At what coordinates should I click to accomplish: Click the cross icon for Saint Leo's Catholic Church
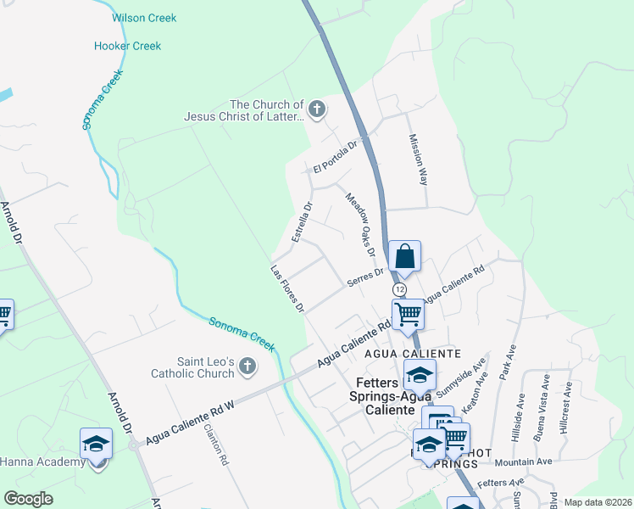point(247,366)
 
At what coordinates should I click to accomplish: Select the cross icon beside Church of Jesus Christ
point(317,109)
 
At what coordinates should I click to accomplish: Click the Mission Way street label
point(418,159)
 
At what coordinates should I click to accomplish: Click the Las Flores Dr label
point(287,289)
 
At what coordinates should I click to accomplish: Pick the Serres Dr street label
point(365,278)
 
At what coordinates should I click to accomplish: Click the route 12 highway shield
point(399,290)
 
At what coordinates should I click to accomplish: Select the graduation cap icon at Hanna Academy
point(97,444)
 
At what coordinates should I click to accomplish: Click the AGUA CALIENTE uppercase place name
point(412,353)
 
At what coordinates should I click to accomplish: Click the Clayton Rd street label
point(217,445)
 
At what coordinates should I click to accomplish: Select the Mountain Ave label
point(523,461)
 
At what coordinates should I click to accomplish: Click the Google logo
point(29,498)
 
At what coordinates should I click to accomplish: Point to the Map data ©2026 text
point(598,502)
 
